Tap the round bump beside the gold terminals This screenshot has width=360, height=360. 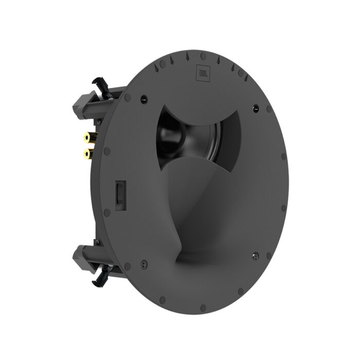click(x=106, y=152)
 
